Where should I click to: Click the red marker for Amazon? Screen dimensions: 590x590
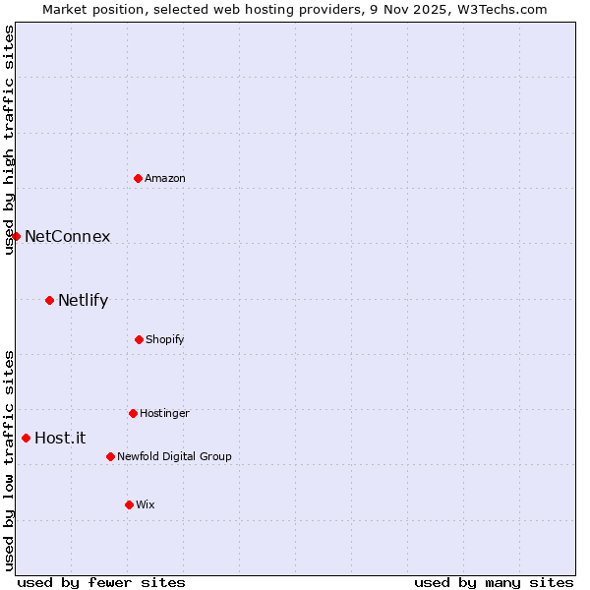pos(139,178)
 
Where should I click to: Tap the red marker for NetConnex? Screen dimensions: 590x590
pos(16,236)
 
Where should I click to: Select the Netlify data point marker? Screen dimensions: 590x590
pos(49,300)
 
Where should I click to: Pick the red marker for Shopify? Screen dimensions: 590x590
pos(139,339)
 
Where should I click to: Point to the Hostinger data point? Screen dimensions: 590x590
pos(133,413)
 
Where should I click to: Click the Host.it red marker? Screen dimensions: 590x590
pos(26,438)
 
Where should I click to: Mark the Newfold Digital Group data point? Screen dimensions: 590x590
pos(110,456)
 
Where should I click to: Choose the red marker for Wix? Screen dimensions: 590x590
pos(129,504)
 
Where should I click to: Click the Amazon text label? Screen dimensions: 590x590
pos(165,178)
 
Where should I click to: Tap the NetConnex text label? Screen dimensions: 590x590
pos(67,236)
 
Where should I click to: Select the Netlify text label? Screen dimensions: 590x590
pos(83,300)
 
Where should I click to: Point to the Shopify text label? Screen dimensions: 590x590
pos(164,339)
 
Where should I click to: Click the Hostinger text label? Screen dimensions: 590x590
pos(164,413)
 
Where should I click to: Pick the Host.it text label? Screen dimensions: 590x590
pos(60,438)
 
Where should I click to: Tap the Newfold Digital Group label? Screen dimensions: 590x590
pos(174,456)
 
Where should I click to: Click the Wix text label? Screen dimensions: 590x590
pos(146,504)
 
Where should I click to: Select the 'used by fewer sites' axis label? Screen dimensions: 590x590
pos(101,582)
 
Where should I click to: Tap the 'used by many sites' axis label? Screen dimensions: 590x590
pos(494,582)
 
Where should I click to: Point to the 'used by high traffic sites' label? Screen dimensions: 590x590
pos(9,140)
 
